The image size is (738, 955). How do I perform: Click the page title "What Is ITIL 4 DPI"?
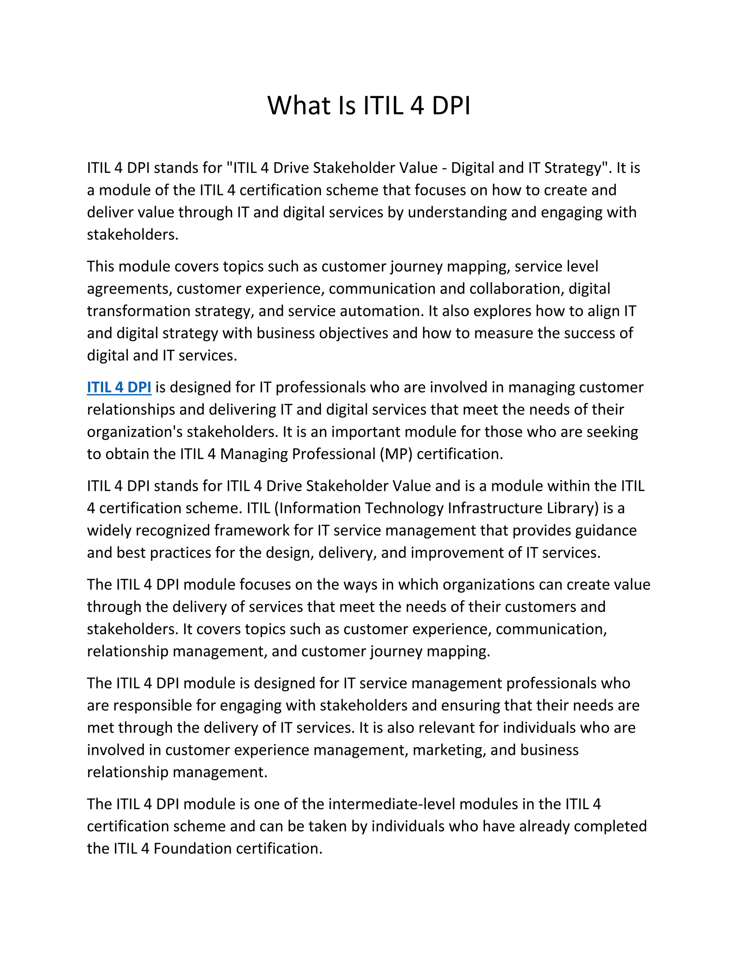click(369, 106)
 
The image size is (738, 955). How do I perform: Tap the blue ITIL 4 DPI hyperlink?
click(119, 387)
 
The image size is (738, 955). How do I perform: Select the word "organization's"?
click(135, 432)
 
